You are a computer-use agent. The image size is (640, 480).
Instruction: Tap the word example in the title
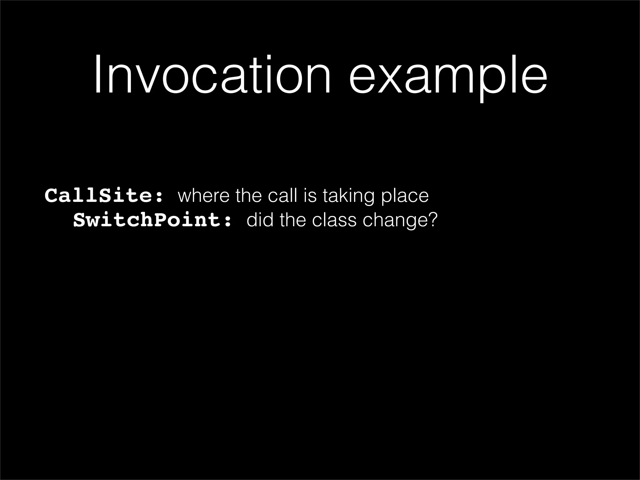coord(448,77)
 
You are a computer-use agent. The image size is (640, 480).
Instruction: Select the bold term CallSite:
coord(104,196)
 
